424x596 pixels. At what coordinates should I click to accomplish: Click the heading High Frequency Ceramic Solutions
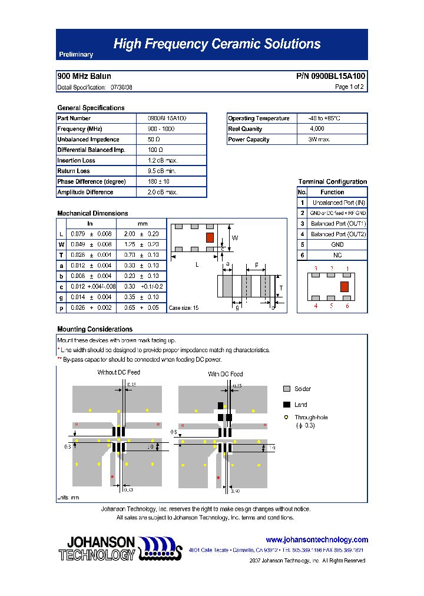[x=217, y=44]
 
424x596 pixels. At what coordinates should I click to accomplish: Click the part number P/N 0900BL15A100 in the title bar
[x=330, y=77]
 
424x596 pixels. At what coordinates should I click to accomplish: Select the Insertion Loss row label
[x=76, y=161]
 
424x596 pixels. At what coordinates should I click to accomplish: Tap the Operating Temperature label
[x=259, y=118]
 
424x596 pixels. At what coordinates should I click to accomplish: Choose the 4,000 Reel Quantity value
[x=317, y=129]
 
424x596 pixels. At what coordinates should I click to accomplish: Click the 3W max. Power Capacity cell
[x=319, y=140]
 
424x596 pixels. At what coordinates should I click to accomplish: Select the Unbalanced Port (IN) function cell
[x=338, y=203]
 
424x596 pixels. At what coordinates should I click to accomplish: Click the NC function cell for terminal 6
[x=337, y=255]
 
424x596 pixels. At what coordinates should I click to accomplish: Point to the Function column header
[x=332, y=192]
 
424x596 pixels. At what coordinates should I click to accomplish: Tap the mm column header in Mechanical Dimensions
[x=143, y=224]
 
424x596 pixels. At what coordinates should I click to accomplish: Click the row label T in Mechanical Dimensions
[x=61, y=255]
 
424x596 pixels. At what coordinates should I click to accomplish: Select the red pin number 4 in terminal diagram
[x=316, y=306]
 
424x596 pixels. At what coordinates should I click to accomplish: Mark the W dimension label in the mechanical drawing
[x=234, y=238]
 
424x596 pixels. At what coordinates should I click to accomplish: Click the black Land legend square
[x=287, y=405]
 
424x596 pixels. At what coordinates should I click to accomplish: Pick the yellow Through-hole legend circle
[x=287, y=418]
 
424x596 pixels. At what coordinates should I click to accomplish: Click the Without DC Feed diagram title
[x=119, y=372]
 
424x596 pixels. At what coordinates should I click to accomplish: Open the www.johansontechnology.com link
[x=317, y=539]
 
